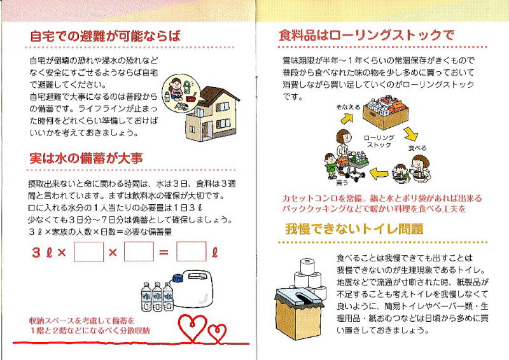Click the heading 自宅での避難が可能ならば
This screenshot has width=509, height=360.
point(105,36)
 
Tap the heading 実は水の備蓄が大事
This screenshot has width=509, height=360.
point(86,158)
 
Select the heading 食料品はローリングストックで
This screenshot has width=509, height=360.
point(366,35)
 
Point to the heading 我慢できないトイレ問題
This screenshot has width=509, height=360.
point(354,229)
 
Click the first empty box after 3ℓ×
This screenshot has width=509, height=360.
point(88,252)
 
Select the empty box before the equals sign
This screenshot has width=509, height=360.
point(139,252)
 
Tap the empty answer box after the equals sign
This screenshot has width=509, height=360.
point(192,252)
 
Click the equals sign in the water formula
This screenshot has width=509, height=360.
point(164,252)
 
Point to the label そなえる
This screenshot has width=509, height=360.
point(347,107)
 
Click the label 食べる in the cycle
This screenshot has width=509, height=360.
point(417,148)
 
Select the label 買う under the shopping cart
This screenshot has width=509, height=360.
point(342,183)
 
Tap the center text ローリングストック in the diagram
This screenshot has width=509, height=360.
point(379,142)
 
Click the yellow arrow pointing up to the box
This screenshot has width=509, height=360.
point(346,118)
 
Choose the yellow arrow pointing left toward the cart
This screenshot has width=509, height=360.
point(379,174)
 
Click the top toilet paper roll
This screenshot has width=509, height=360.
point(307,267)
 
